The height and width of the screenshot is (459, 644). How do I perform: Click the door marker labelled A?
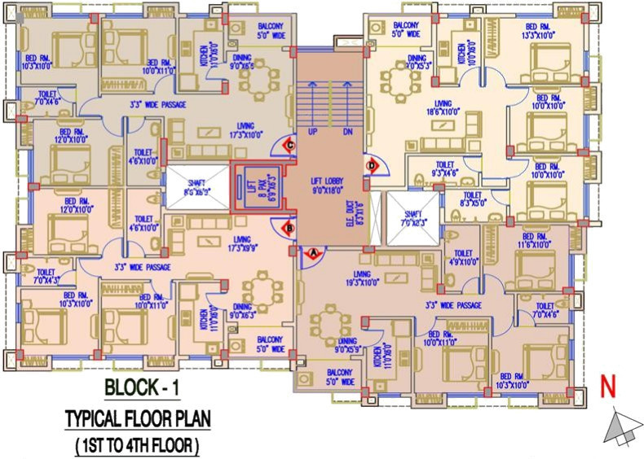pyautogui.click(x=310, y=252)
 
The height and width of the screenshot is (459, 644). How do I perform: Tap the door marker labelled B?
pyautogui.click(x=289, y=229)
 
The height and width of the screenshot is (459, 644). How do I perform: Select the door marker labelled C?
pyautogui.click(x=290, y=146)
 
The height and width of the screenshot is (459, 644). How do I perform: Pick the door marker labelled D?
pyautogui.click(x=372, y=166)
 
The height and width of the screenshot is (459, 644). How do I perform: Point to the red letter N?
pyautogui.click(x=607, y=386)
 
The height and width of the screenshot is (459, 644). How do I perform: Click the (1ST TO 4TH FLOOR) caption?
pyautogui.click(x=138, y=446)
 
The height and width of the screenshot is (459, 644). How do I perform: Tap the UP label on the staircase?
pyautogui.click(x=311, y=131)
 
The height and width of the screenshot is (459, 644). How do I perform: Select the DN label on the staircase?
pyautogui.click(x=347, y=131)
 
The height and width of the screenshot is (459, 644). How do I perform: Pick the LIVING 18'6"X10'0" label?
pyautogui.click(x=443, y=108)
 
